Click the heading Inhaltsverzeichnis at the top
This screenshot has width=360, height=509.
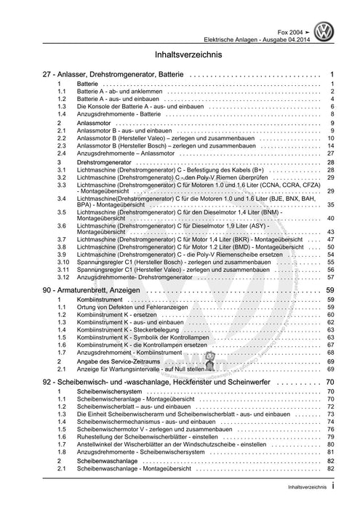coord(180,55)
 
